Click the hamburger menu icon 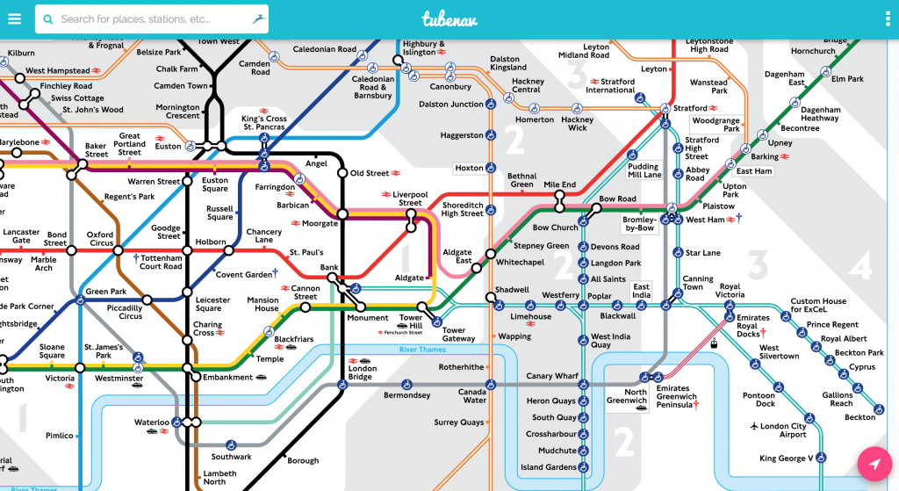point(14,18)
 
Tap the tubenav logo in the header point(449,18)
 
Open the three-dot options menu point(887,18)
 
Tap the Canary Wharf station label point(551,376)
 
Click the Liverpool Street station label point(410,198)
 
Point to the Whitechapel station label point(521,263)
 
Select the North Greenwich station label point(629,397)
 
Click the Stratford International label point(611,85)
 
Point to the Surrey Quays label point(458,422)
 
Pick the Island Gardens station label point(549,467)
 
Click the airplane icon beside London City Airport point(754,426)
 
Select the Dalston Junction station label point(451,105)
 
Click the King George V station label point(786,458)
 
